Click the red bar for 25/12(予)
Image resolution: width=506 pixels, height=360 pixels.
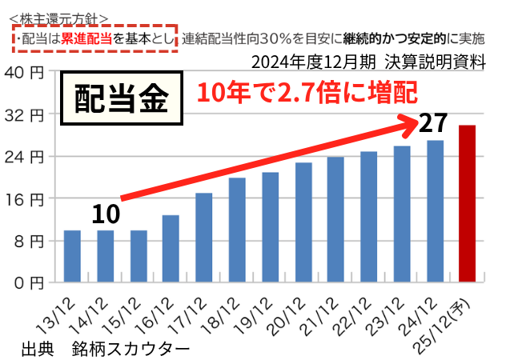(467, 203)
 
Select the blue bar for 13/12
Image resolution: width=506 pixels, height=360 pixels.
(72, 256)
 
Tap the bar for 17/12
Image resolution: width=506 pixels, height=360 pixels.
(203, 238)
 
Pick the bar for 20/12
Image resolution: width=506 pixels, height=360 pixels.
(303, 222)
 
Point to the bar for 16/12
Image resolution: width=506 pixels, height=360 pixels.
(171, 248)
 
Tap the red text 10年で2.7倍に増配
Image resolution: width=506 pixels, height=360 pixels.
(307, 93)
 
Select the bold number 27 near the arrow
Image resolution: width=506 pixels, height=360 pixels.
(432, 124)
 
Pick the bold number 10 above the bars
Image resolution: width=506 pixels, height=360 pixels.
(105, 214)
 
